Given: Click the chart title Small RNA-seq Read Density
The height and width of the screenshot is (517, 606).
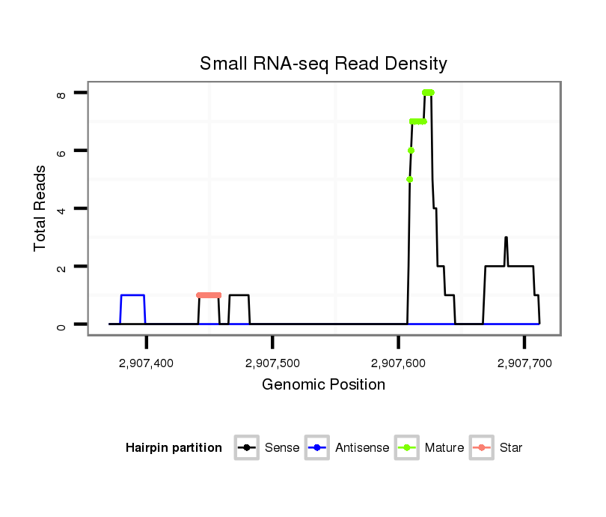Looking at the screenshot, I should (x=323, y=64).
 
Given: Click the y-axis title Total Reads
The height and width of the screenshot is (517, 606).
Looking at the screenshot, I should (x=40, y=208).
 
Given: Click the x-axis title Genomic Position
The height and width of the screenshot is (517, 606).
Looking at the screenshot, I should (x=323, y=385).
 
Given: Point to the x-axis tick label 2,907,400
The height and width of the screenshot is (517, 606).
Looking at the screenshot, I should (x=147, y=363).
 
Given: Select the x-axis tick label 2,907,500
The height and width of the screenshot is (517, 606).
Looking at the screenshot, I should (x=272, y=363).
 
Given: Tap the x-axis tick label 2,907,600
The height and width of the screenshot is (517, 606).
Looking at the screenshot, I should (x=398, y=363).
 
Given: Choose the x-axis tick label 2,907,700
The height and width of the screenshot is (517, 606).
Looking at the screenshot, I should (x=524, y=363).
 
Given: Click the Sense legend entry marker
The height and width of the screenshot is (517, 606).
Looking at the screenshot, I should (x=247, y=448).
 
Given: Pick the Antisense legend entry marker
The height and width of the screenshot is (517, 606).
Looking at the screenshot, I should (x=318, y=448).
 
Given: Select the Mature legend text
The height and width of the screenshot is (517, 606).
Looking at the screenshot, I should (x=444, y=448).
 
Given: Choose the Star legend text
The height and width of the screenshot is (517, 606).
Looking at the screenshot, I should (x=512, y=448).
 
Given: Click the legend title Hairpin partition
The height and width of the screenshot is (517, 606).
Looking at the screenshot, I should (x=174, y=448).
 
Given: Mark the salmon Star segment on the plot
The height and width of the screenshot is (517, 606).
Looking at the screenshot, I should (x=209, y=295).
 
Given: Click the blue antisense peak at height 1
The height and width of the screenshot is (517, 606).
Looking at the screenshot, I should (x=132, y=295).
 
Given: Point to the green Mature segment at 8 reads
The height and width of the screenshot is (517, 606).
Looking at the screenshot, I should (x=428, y=93).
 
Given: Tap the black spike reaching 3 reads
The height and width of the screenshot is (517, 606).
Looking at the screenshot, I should (x=506, y=238).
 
